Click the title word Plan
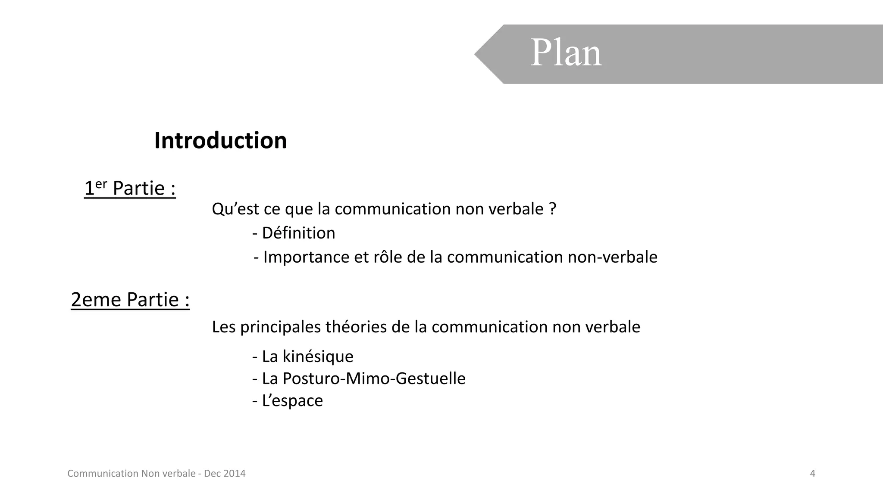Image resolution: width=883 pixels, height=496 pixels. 566,53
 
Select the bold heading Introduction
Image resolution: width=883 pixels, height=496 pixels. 220,140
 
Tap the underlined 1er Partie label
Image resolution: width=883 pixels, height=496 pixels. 130,188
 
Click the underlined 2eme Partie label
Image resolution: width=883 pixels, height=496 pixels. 130,299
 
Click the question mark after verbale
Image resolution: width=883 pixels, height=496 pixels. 553,209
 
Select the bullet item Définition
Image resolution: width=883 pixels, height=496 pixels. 298,233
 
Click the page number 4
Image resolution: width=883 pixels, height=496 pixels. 813,474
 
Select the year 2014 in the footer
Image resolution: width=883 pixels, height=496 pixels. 235,474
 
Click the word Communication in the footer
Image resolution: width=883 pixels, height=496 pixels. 103,474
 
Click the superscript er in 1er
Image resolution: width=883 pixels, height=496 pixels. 101,184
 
